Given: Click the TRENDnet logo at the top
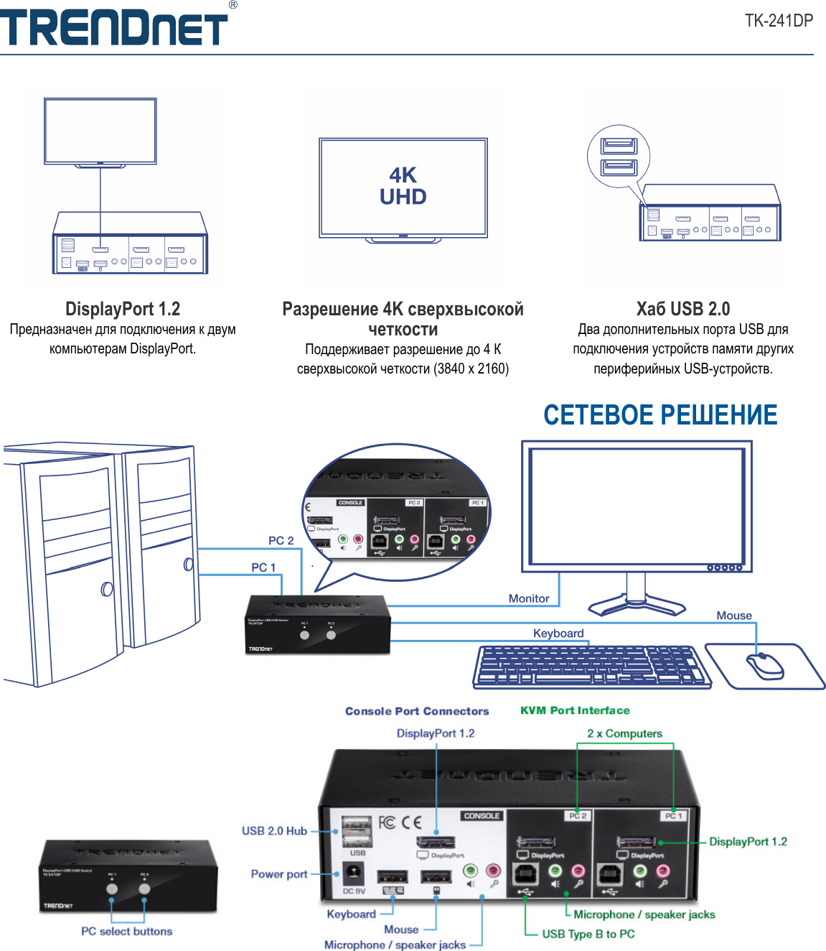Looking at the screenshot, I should pos(115,27).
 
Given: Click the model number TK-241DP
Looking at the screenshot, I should pos(778,20).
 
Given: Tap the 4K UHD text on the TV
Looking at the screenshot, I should pos(403,186).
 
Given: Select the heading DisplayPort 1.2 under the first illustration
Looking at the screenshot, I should pos(123,309).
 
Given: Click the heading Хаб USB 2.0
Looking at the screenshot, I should pos(682,309).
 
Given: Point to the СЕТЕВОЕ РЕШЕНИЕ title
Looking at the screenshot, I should pos(660,415).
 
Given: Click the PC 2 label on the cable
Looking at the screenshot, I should pos(281,540).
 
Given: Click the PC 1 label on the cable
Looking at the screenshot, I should pos(263,567).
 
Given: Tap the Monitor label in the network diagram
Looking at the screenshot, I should pos(529,598).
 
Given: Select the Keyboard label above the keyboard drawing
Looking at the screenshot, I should pos(558,633).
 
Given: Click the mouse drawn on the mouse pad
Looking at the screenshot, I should pos(765,666).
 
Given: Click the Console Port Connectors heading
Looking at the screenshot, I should pos(417,711).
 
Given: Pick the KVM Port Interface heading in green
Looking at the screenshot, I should pos(575,710).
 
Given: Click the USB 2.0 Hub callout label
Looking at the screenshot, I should pos(274,831).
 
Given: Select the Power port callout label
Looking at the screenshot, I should pos(279,874).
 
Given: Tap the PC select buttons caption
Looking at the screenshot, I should pos(126,932).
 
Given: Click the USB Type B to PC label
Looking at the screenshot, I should pos(588,934).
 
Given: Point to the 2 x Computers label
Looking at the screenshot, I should pos(624,733).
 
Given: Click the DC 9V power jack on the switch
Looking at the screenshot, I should pos(353,875).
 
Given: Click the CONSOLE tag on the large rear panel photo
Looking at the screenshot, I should pos(482,816).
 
